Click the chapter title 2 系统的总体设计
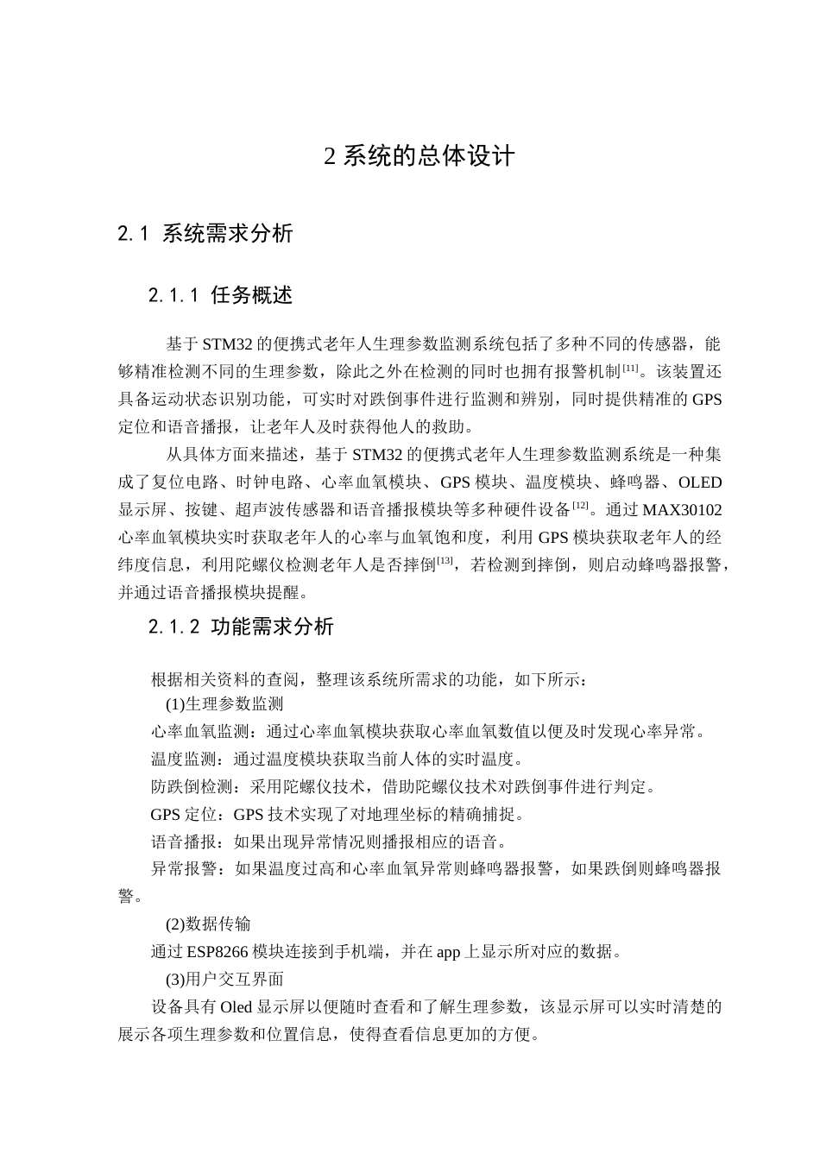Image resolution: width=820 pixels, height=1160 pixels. pos(419,156)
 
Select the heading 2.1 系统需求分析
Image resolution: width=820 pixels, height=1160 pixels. pos(205,234)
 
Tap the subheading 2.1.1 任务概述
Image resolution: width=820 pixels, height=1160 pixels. pos(220,296)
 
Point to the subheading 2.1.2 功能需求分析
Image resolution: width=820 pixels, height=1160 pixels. pos(241,627)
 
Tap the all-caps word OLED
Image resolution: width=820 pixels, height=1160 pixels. pos(700,482)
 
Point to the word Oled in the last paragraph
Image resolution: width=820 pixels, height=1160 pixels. pos(236,1007)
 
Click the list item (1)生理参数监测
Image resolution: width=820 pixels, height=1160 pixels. pos(224,704)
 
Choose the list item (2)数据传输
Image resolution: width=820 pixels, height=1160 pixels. pos(208,924)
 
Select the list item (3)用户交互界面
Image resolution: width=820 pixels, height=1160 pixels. pos(224,980)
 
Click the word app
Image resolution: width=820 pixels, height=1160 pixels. pos(449,952)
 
